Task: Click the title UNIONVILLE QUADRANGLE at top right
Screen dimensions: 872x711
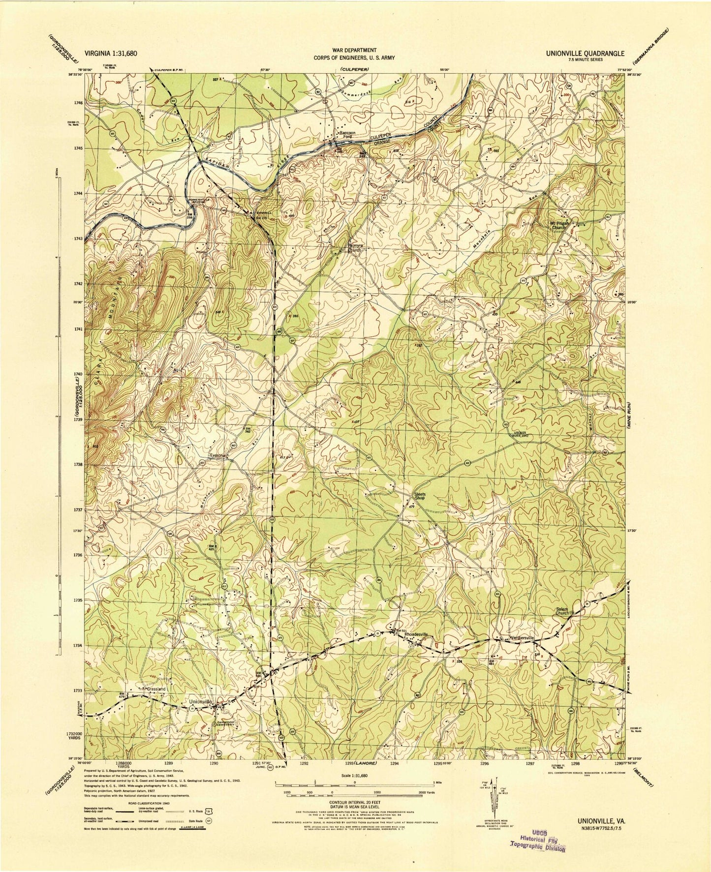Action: click(585, 54)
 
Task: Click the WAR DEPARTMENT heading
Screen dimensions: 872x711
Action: click(356, 50)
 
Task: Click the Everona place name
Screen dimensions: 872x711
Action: click(218, 455)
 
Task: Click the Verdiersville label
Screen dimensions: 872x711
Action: click(517, 638)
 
